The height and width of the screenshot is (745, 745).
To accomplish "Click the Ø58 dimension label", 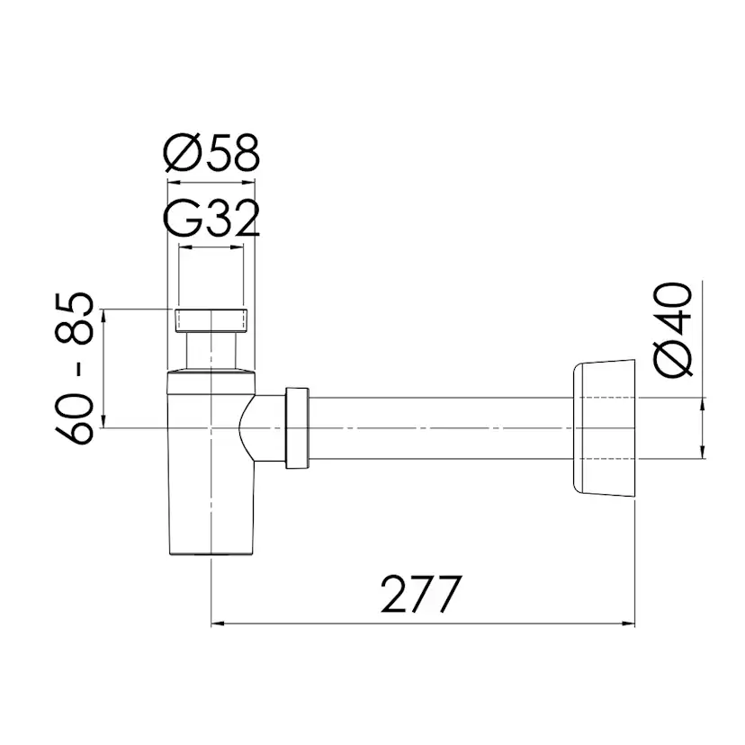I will [x=211, y=154].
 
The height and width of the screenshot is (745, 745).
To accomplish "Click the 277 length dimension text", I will [x=420, y=593].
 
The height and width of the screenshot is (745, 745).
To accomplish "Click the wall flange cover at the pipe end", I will [x=603, y=427].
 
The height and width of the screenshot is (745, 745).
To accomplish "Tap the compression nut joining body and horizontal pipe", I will [x=298, y=427].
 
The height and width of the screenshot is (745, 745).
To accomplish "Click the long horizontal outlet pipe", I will [x=441, y=427].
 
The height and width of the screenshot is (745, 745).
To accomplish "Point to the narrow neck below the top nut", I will [x=211, y=349].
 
